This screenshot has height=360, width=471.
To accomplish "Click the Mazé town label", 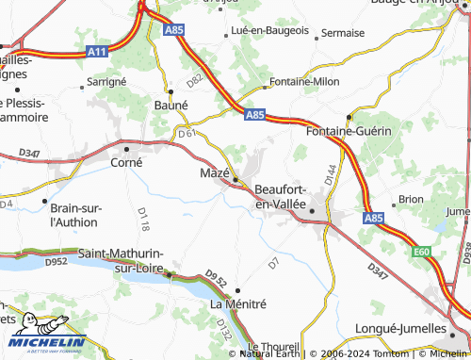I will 214,173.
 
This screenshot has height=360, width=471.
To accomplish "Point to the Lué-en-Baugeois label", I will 270,31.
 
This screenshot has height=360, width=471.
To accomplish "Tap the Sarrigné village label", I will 106,82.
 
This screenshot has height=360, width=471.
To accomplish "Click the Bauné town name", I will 171,106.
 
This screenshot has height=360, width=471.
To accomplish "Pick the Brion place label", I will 411,199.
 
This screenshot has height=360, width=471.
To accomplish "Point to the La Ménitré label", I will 238,304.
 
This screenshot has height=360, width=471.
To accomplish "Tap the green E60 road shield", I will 420,252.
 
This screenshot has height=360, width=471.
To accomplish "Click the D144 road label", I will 330,173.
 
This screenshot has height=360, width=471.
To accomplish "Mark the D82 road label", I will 195,82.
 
